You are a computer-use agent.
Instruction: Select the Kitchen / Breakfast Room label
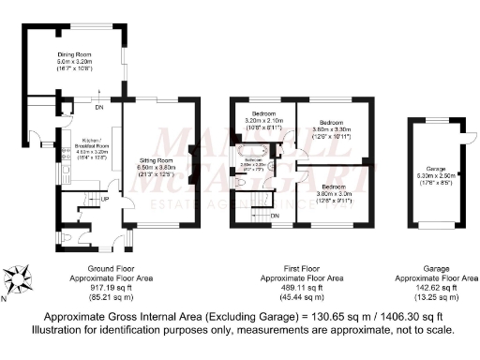click(x=90, y=145)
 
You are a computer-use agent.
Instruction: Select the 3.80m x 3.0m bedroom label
click(x=332, y=172)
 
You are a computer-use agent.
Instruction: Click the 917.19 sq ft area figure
click(x=112, y=288)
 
